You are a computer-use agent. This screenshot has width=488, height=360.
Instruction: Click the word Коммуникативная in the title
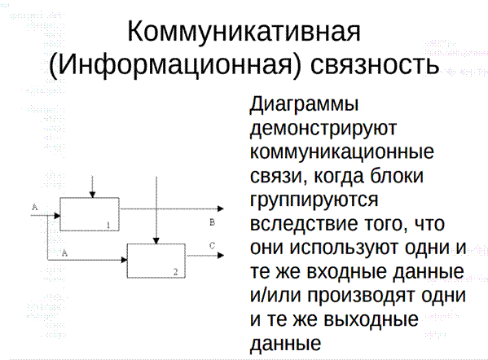(244, 32)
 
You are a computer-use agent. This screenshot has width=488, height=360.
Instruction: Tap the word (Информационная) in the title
(175, 65)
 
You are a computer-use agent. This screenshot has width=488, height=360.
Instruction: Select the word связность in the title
(375, 64)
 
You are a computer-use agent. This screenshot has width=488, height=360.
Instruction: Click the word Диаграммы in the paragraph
(305, 104)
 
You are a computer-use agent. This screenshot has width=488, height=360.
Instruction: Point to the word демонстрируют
(323, 128)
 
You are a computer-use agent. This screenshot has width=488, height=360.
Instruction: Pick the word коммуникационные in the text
(341, 151)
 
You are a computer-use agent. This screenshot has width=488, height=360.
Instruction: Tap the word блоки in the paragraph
(397, 175)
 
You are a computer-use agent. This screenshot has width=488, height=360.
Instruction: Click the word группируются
(314, 200)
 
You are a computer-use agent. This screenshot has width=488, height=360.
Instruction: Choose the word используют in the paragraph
(344, 248)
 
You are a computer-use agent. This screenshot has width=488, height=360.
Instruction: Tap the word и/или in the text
(275, 296)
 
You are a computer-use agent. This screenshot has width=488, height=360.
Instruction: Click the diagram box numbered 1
(90, 214)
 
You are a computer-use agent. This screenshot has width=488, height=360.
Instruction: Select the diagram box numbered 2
(156, 261)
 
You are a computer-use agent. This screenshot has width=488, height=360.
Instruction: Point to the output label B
(213, 222)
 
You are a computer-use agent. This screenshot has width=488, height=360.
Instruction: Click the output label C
(213, 246)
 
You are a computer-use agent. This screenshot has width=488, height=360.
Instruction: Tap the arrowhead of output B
(221, 209)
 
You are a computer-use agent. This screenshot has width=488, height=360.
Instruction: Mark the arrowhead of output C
(221, 256)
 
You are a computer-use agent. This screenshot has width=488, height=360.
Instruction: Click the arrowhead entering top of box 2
(156, 241)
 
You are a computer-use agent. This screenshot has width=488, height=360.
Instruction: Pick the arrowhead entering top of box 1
(92, 195)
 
